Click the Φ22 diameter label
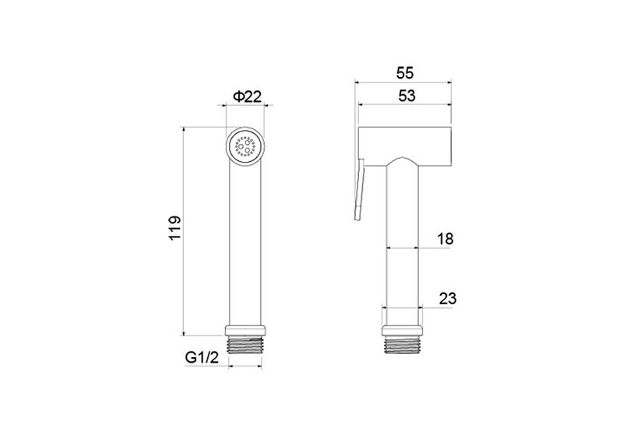click(247, 96)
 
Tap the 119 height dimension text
click(174, 228)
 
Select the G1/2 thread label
click(202, 358)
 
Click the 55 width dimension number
click(405, 73)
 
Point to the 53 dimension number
click(407, 96)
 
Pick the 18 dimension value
click(445, 239)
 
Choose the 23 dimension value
click(448, 299)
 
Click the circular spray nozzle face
click(245, 146)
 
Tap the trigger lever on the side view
click(359, 189)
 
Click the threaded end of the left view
click(245, 345)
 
